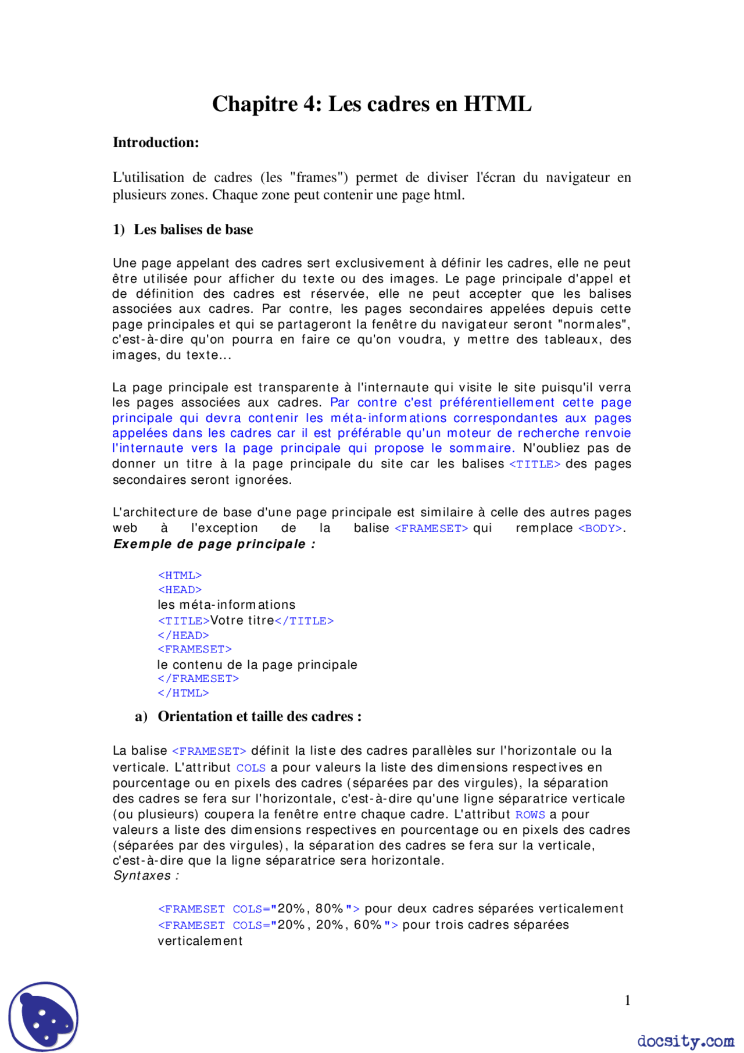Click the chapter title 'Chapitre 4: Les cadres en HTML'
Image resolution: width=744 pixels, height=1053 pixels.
pyautogui.click(x=371, y=104)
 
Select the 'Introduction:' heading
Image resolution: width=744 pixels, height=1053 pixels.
pyautogui.click(x=156, y=142)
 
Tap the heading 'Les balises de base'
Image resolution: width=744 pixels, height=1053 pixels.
pyautogui.click(x=193, y=230)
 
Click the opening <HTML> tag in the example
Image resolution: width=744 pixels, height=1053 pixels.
pyautogui.click(x=180, y=575)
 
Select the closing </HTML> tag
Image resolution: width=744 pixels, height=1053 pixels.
pyautogui.click(x=183, y=693)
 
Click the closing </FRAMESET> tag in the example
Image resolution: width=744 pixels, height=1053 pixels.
pyautogui.click(x=198, y=679)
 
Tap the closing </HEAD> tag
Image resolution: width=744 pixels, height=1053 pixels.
pyautogui.click(x=183, y=636)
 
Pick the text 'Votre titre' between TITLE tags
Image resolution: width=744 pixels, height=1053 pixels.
pyautogui.click(x=242, y=620)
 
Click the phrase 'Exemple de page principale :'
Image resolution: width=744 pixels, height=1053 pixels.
pyautogui.click(x=214, y=544)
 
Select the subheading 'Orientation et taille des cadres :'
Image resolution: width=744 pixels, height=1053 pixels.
pyautogui.click(x=259, y=716)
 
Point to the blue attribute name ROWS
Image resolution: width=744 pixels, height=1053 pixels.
pyautogui.click(x=530, y=815)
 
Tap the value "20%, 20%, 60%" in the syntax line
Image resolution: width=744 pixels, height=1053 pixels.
pyautogui.click(x=330, y=925)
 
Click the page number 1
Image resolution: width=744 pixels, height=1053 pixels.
pyautogui.click(x=627, y=1000)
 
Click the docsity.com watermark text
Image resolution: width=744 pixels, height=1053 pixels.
pyautogui.click(x=685, y=1040)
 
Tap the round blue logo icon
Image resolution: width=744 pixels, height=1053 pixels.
pyautogui.click(x=44, y=1016)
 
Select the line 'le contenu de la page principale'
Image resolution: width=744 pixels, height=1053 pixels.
pyautogui.click(x=257, y=665)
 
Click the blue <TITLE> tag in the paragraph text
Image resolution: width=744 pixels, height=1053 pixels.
pyautogui.click(x=534, y=464)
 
